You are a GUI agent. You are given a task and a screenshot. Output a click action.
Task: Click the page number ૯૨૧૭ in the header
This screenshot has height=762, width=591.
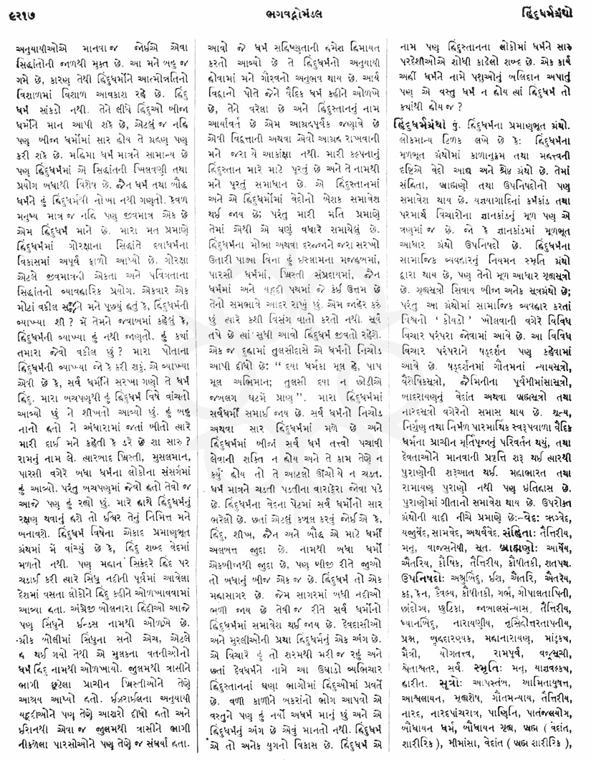(x=22, y=12)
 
